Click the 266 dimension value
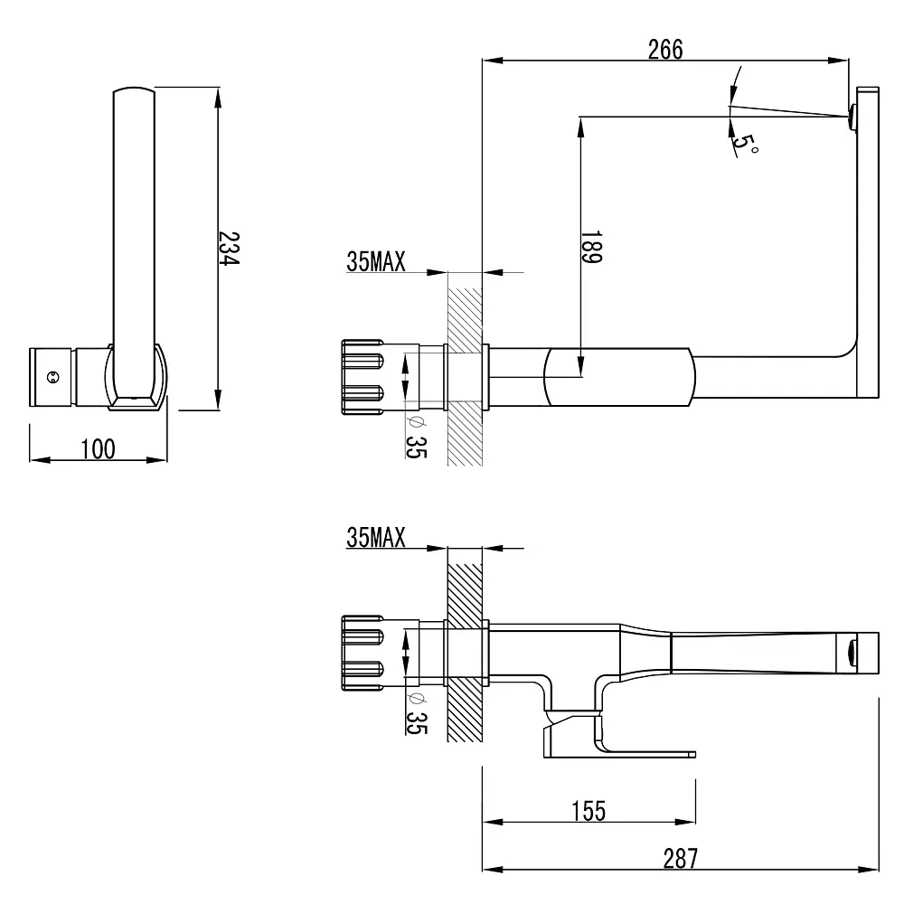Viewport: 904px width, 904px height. pyautogui.click(x=665, y=50)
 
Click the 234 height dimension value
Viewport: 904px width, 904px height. pyautogui.click(x=230, y=249)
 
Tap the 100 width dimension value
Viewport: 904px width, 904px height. pyautogui.click(x=98, y=448)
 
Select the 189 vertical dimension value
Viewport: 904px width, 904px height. pyautogui.click(x=591, y=247)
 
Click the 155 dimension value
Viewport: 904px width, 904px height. pyautogui.click(x=589, y=811)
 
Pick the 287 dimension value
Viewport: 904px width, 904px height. pyautogui.click(x=681, y=859)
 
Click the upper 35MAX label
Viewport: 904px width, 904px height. pyautogui.click(x=376, y=261)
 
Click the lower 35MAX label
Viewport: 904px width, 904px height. pyautogui.click(x=376, y=537)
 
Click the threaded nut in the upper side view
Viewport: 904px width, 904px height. pyautogui.click(x=363, y=376)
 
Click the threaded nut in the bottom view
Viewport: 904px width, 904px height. pyautogui.click(x=363, y=653)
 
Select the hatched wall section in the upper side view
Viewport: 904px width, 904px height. pyautogui.click(x=465, y=376)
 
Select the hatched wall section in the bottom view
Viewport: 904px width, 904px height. pyautogui.click(x=465, y=653)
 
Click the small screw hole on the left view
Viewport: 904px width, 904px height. pyautogui.click(x=52, y=378)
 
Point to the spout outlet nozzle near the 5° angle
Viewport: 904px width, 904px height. pyautogui.click(x=852, y=117)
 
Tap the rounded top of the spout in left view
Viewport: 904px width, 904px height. pyautogui.click(x=134, y=90)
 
